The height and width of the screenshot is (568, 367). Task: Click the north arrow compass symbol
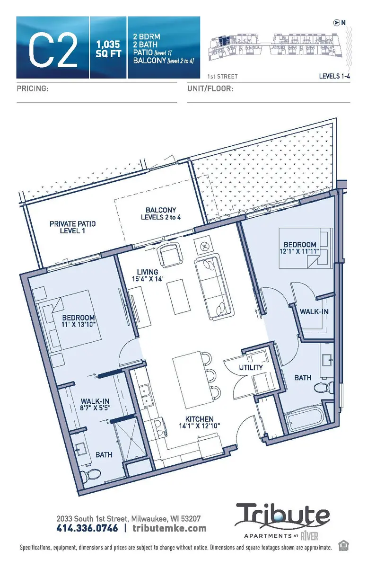point(336,21)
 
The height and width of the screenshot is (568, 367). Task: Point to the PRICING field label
point(33,89)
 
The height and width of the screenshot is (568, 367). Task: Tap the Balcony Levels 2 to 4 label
point(161,213)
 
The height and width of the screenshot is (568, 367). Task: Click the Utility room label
point(250,367)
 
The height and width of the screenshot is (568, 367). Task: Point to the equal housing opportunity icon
point(343,546)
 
